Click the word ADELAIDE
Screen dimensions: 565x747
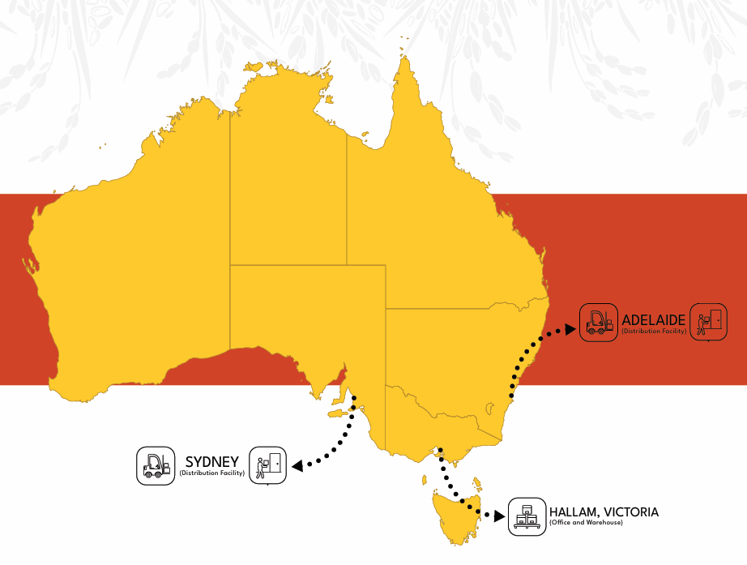654,319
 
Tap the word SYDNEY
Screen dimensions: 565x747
212,462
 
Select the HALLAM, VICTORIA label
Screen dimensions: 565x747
604,512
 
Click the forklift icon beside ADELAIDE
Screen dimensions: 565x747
599,322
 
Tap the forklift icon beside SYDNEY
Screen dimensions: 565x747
156,466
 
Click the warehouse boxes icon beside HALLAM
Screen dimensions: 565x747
527,517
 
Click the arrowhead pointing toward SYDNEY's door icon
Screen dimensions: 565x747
297,466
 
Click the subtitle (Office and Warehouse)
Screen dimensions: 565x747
586,524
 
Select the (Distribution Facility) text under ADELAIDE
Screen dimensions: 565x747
654,331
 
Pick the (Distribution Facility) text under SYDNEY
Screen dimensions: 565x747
212,473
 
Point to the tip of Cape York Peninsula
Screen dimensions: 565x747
403,58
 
